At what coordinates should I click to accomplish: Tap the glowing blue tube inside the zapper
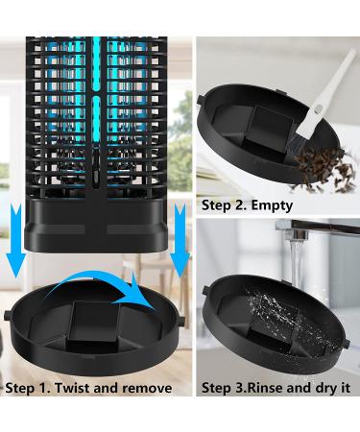coord(99,106)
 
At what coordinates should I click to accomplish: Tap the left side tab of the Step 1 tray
coord(9,315)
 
